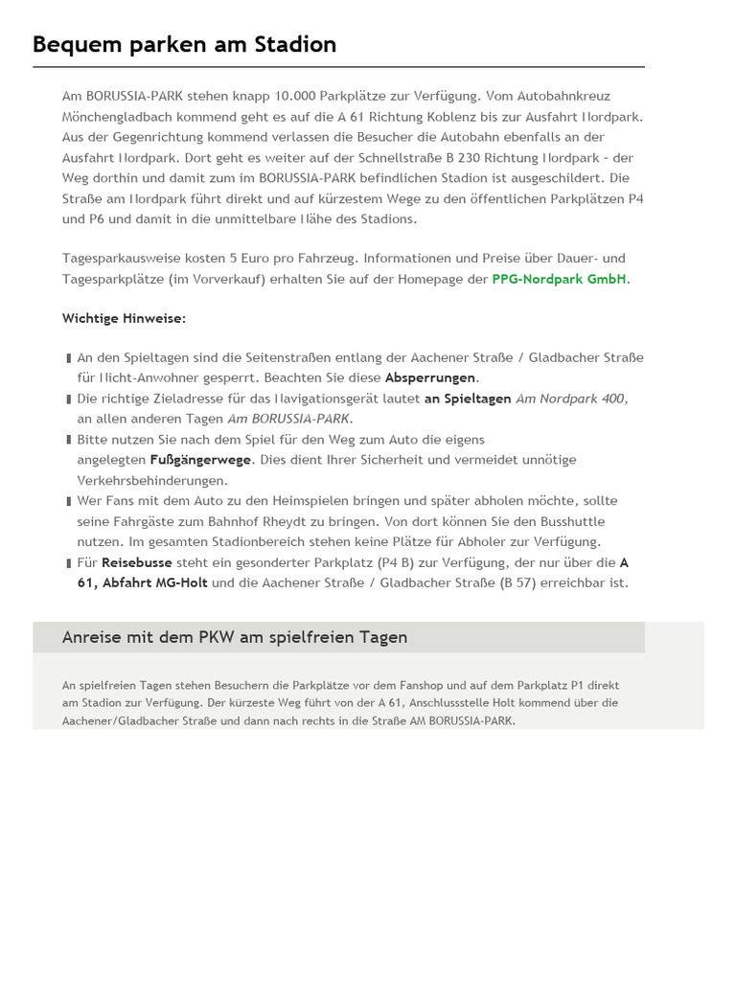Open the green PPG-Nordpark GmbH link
[560, 279]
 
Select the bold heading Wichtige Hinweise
[125, 318]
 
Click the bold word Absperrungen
[430, 377]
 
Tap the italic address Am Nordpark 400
[571, 399]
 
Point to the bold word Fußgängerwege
[200, 460]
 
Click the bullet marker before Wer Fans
[69, 501]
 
